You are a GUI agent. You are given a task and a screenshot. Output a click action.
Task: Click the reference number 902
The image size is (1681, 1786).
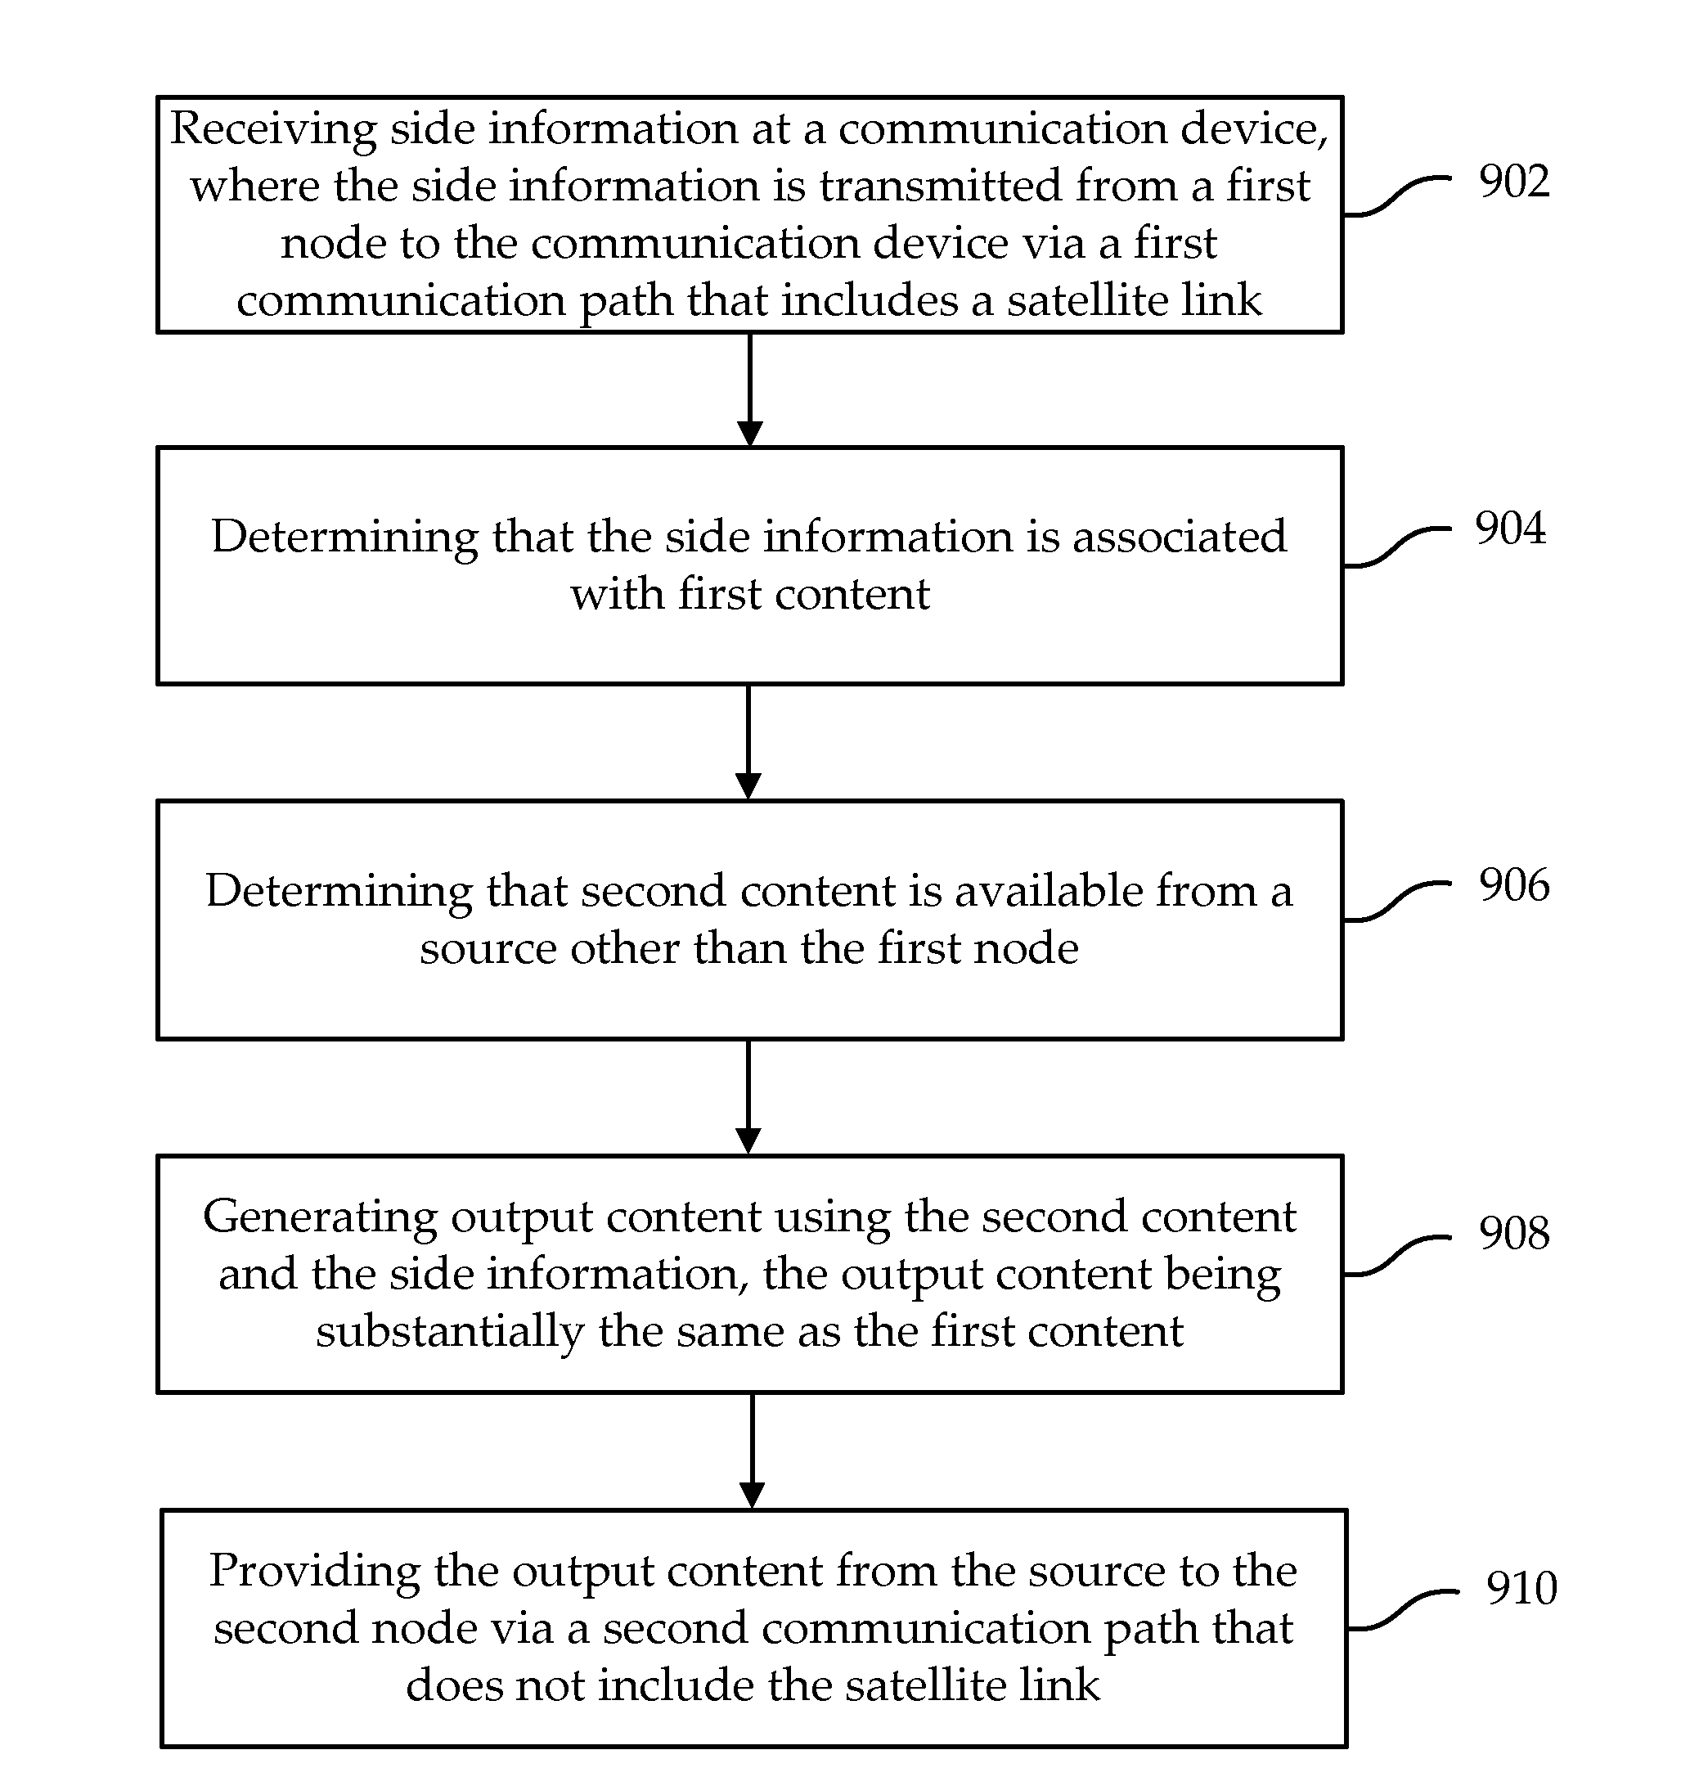[x=1514, y=182]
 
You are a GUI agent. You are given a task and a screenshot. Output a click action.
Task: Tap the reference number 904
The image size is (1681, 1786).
[x=1510, y=528]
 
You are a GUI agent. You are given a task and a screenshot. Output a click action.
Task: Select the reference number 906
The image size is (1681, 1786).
[x=1514, y=885]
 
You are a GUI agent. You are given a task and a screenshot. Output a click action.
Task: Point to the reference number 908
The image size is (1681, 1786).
[x=1514, y=1233]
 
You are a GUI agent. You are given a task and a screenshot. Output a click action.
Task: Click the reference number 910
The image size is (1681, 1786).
[x=1521, y=1587]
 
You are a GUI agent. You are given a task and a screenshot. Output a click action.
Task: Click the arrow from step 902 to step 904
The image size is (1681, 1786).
[x=749, y=390]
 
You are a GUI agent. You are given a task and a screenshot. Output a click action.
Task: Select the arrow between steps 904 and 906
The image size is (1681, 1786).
[x=748, y=742]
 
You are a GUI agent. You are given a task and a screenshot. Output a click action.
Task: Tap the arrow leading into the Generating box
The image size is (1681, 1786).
[x=748, y=1097]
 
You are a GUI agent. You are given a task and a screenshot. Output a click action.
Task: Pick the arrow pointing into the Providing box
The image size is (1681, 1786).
[x=752, y=1451]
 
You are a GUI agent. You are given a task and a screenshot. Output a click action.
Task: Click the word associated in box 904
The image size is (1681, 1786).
[x=1180, y=538]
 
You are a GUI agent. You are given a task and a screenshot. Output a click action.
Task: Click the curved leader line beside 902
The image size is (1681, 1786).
[x=1398, y=196]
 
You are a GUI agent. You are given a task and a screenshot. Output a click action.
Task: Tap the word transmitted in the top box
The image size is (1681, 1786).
[x=946, y=186]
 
